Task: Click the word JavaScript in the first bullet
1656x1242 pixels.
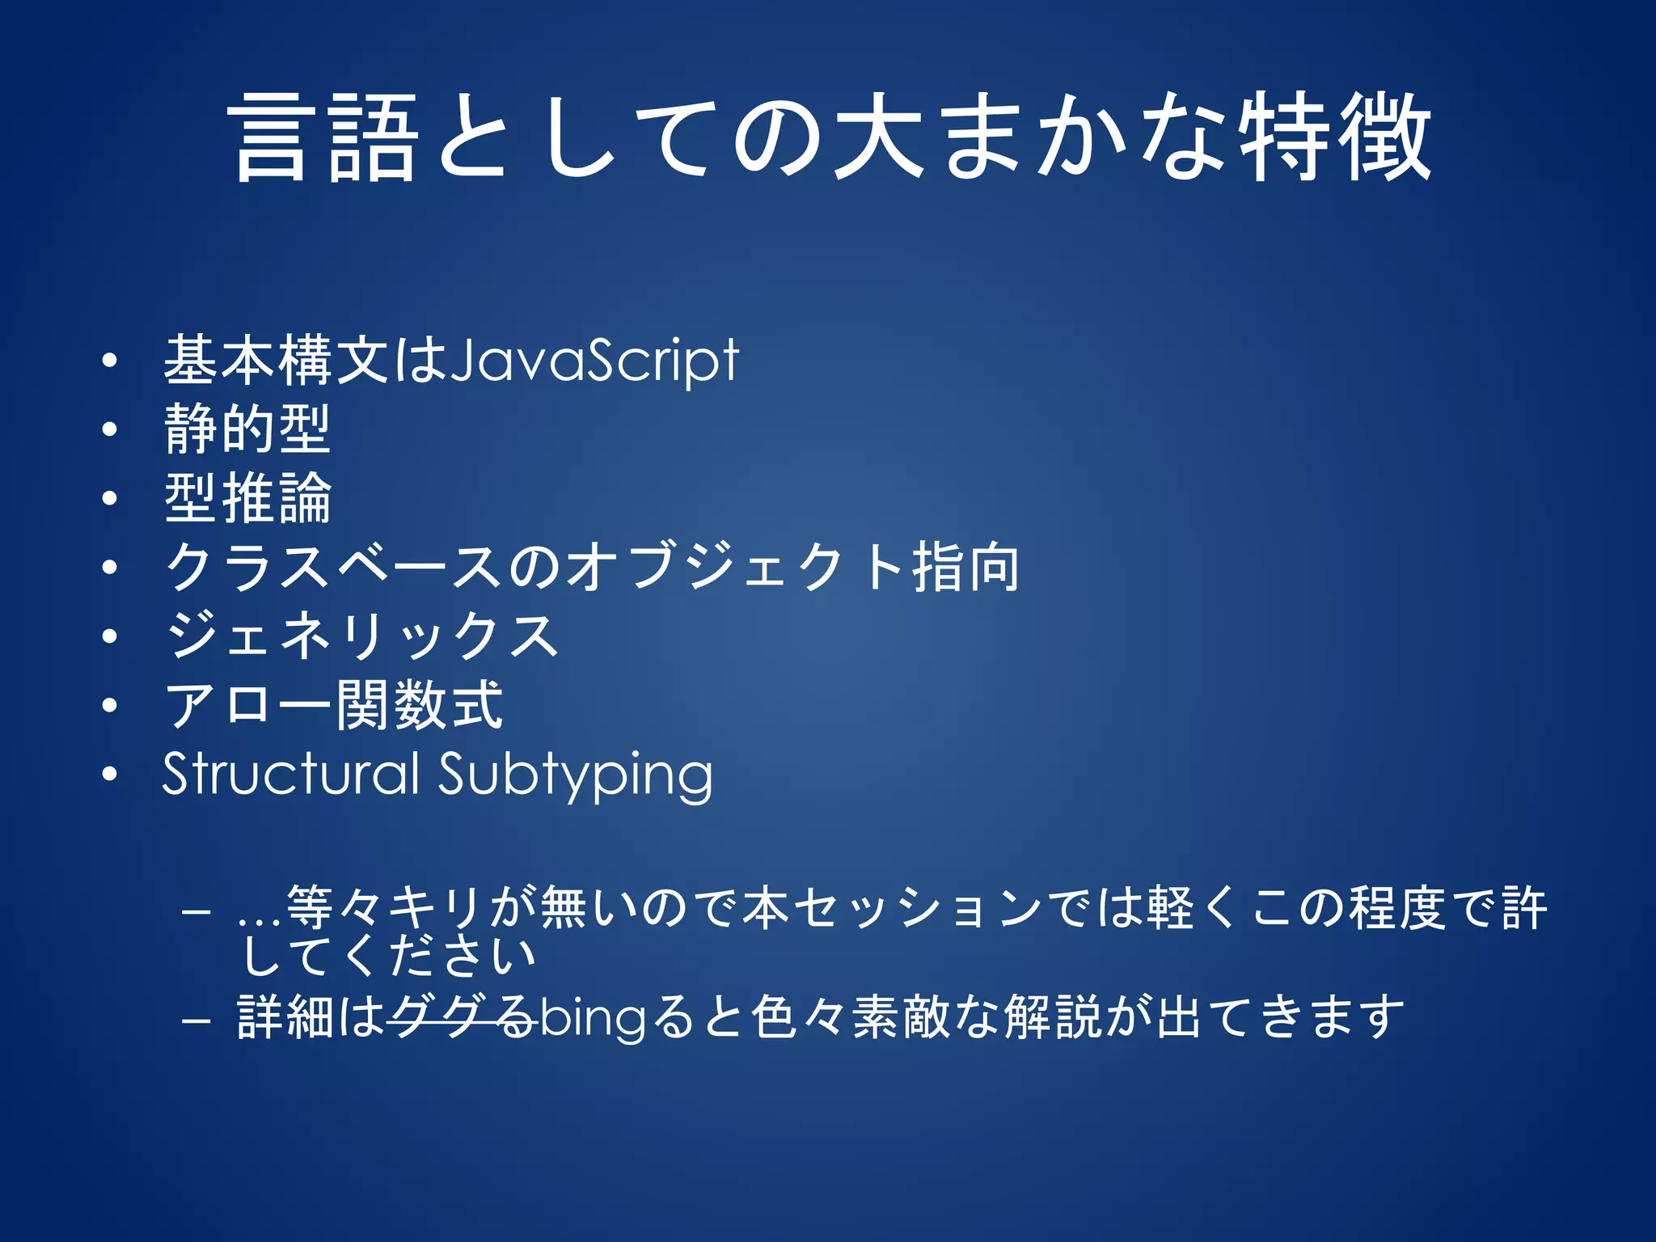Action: pyautogui.click(x=594, y=361)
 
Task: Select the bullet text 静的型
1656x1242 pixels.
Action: pyautogui.click(x=247, y=429)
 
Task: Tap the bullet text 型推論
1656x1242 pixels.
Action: pyautogui.click(x=247, y=498)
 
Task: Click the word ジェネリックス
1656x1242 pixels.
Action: pyautogui.click(x=361, y=636)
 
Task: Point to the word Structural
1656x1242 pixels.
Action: pyautogui.click(x=290, y=774)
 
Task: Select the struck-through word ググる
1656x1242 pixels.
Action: pyautogui.click(x=461, y=1017)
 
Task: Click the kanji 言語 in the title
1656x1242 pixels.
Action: pyautogui.click(x=324, y=137)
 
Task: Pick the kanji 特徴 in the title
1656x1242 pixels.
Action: pyautogui.click(x=1335, y=137)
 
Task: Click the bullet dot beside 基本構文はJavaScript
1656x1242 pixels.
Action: pyautogui.click(x=110, y=361)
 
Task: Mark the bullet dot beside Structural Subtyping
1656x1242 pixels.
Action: pyautogui.click(x=110, y=775)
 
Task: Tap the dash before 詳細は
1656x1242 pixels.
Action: pyautogui.click(x=196, y=1020)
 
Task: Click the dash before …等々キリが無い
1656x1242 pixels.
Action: pyautogui.click(x=196, y=911)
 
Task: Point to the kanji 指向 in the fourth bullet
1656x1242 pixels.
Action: pyautogui.click(x=965, y=568)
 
